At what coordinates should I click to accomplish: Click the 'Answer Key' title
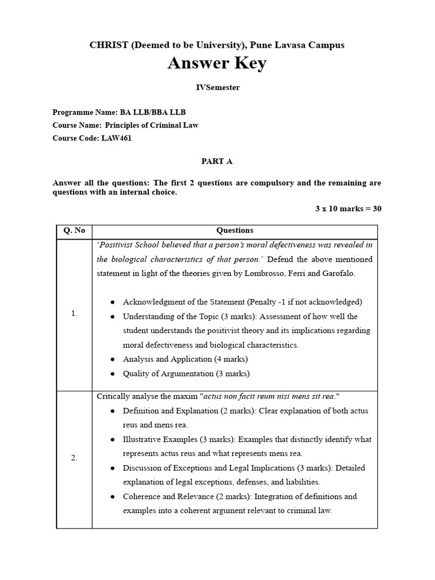click(217, 64)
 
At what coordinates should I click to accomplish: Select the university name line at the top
click(217, 45)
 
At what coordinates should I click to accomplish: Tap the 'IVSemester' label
click(217, 87)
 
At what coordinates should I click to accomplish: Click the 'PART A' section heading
click(217, 161)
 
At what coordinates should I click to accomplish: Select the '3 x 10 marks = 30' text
click(348, 208)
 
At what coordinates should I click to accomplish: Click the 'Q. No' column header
click(74, 231)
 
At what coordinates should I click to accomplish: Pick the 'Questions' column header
click(235, 231)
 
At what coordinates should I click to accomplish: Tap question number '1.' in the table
click(74, 314)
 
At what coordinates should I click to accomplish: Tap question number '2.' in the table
click(74, 458)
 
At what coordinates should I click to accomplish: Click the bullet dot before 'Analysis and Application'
click(113, 360)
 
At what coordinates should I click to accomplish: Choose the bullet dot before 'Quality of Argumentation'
click(113, 374)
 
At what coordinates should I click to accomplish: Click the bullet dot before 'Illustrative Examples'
click(113, 440)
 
